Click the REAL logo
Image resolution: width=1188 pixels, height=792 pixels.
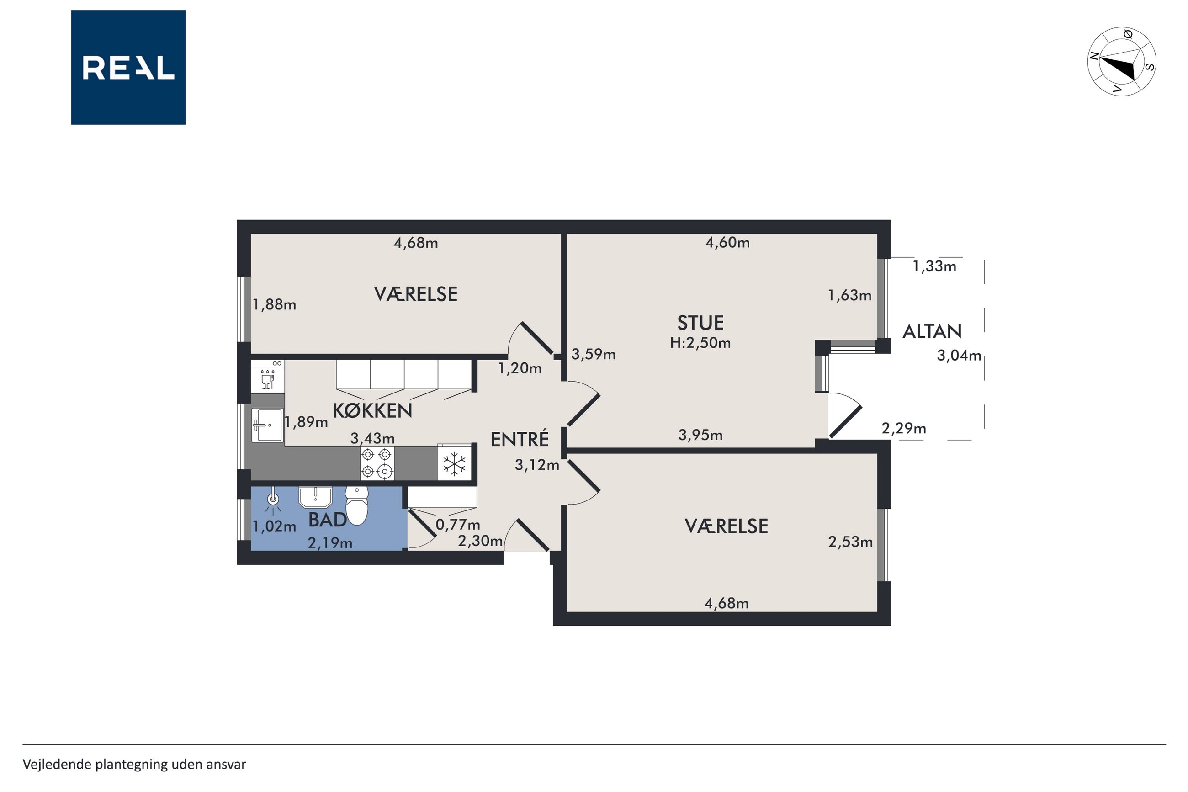coord(128,67)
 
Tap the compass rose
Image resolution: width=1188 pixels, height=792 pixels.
coord(1121,61)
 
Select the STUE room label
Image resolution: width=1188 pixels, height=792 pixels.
coord(700,323)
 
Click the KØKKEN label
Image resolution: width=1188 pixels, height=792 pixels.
coord(372,411)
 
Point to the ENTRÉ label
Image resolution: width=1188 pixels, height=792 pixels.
coord(520,440)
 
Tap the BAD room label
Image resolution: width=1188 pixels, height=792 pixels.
coord(328,519)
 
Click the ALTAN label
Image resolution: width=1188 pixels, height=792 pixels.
coord(932,331)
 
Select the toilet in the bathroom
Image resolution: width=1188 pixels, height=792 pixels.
coord(356,505)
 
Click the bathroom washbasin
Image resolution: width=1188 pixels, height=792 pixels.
coord(316,497)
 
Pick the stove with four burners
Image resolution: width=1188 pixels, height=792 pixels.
coord(377,463)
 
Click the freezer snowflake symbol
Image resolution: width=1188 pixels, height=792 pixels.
coord(454,464)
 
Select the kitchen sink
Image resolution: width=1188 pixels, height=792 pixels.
coord(267,425)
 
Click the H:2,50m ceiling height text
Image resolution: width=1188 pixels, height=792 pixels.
coord(700,343)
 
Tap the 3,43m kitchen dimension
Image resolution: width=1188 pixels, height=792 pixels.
coord(372,438)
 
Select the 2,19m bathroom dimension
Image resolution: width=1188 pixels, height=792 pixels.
coord(330,543)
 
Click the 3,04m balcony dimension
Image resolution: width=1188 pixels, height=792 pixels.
coord(959,356)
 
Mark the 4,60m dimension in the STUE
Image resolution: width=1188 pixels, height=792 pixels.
coord(727,243)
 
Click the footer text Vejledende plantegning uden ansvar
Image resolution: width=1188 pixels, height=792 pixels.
coord(134,764)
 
